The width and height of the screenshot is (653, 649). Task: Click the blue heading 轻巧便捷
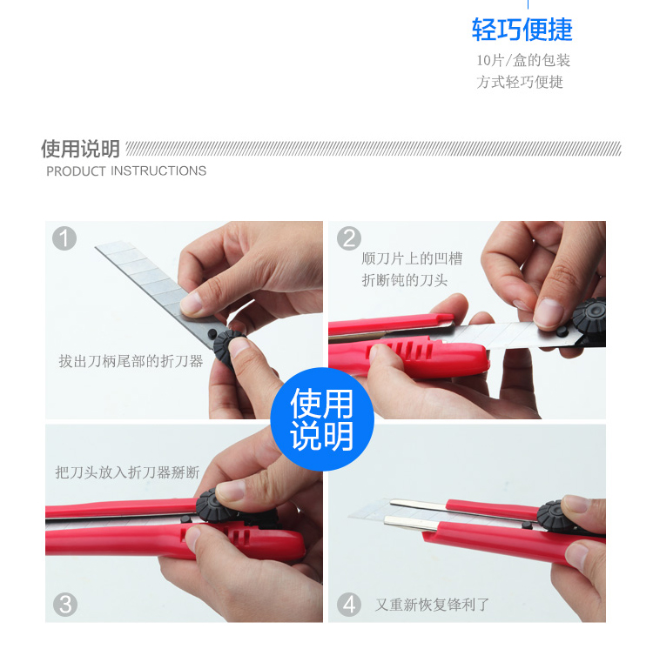(x=522, y=30)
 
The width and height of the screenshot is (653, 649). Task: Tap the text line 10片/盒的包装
(x=523, y=60)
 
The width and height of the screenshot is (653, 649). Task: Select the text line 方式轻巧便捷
(x=520, y=82)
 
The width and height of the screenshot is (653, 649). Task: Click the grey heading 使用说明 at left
(x=80, y=149)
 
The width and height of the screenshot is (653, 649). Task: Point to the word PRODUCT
(x=76, y=171)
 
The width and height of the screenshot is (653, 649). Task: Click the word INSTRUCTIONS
(x=158, y=171)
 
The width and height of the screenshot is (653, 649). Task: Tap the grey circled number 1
(x=64, y=238)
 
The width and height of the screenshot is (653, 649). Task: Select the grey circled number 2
(x=348, y=238)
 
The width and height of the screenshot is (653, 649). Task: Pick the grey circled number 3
(x=65, y=605)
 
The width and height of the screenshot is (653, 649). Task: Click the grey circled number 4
(x=349, y=605)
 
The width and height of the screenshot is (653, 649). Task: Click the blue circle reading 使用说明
(x=322, y=419)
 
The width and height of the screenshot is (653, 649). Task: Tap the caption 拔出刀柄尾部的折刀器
(x=131, y=361)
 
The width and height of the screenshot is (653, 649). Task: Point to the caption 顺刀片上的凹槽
(x=412, y=258)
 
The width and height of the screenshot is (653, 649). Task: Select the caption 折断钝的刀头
(x=404, y=280)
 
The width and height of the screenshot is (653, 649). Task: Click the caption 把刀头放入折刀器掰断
(x=127, y=472)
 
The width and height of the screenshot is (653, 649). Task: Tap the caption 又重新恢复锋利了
(x=432, y=605)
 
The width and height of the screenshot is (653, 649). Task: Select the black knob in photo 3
(x=213, y=505)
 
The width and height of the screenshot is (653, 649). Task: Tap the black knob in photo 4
(x=553, y=515)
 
